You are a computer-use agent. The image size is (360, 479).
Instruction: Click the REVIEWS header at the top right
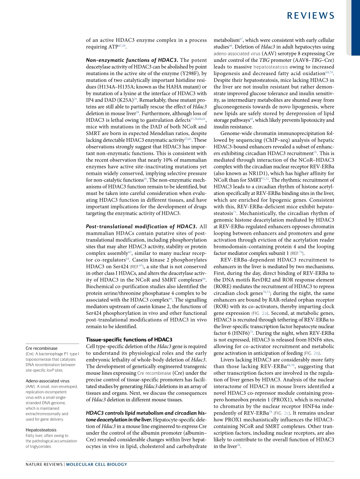pos(310,16)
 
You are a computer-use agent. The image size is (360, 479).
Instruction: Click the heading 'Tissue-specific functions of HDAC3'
pos(129,339)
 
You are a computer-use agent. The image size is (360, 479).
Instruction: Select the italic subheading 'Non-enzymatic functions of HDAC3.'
pos(132,60)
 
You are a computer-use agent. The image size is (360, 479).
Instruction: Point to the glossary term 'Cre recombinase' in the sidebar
pos(42,348)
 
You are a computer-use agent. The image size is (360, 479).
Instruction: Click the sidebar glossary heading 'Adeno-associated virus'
pos(47,381)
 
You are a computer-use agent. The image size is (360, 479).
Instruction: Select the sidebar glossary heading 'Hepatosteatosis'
pos(41,430)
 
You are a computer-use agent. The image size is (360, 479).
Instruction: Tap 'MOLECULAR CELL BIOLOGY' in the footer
pos(97,464)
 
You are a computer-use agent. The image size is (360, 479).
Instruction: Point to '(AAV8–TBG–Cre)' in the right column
pos(314,60)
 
